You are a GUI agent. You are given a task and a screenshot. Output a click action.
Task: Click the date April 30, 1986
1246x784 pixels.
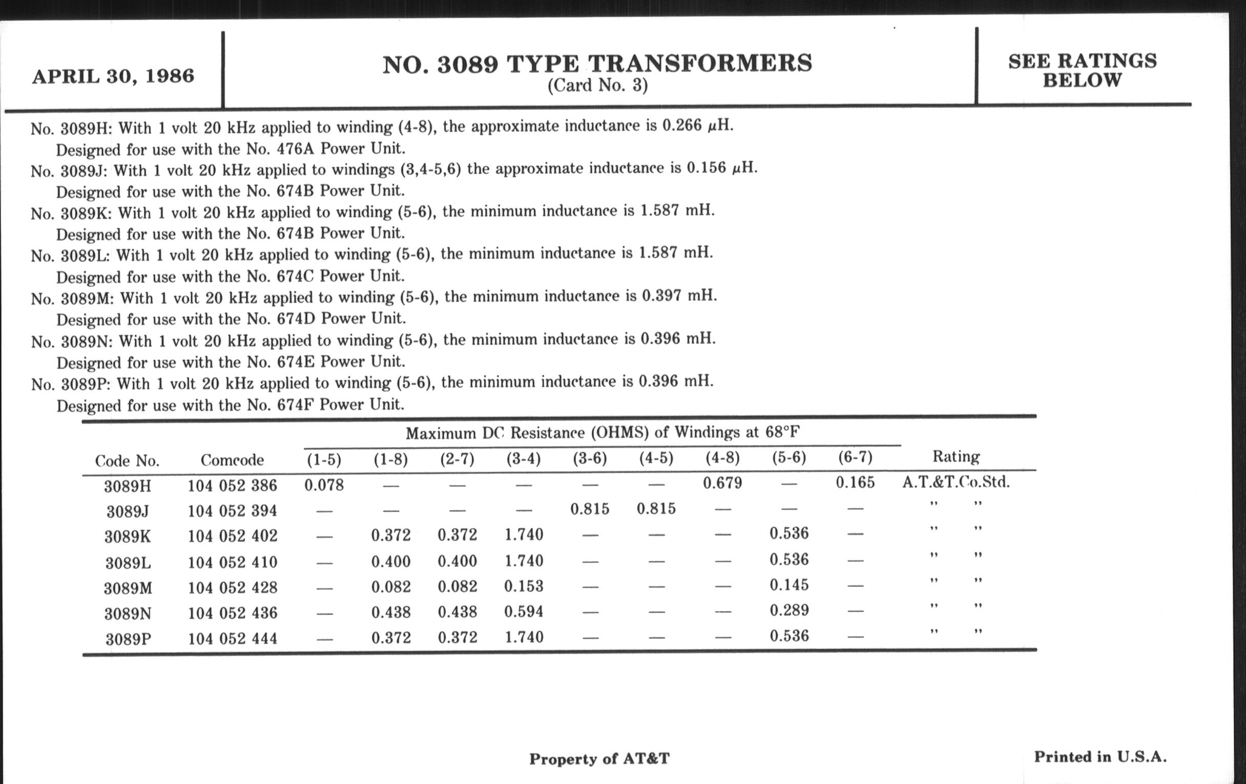[113, 76]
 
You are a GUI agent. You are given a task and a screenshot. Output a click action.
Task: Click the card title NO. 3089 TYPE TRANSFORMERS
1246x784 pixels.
[597, 64]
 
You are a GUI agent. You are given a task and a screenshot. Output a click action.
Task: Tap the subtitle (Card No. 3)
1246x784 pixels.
[598, 86]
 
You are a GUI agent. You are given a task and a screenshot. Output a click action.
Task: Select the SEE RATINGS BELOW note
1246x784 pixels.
[1082, 70]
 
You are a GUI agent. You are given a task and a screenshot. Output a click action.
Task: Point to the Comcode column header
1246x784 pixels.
[232, 460]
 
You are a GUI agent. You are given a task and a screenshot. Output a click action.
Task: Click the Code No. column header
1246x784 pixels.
[127, 461]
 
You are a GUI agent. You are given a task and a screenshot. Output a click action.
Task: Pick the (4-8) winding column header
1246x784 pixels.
[722, 458]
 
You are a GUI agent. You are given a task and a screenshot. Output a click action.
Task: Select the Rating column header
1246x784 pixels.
[956, 457]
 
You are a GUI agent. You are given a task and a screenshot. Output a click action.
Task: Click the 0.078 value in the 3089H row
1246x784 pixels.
[324, 485]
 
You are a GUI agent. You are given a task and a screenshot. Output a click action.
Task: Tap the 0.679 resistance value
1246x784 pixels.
[722, 483]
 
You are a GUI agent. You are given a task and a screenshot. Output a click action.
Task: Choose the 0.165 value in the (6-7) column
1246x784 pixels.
[855, 482]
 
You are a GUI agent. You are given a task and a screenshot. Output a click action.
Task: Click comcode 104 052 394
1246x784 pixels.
[232, 511]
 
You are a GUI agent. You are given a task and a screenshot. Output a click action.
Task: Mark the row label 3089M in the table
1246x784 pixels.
[128, 588]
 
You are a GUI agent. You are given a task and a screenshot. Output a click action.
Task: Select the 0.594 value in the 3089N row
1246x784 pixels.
[524, 611]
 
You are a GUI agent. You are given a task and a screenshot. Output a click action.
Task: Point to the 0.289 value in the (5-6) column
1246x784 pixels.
[789, 610]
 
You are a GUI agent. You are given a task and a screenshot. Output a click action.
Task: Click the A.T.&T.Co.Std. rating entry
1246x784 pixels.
[956, 482]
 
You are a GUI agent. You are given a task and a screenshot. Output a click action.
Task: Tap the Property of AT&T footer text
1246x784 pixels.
[599, 759]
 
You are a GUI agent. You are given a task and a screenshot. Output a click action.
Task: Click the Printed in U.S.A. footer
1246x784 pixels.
[1100, 756]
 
